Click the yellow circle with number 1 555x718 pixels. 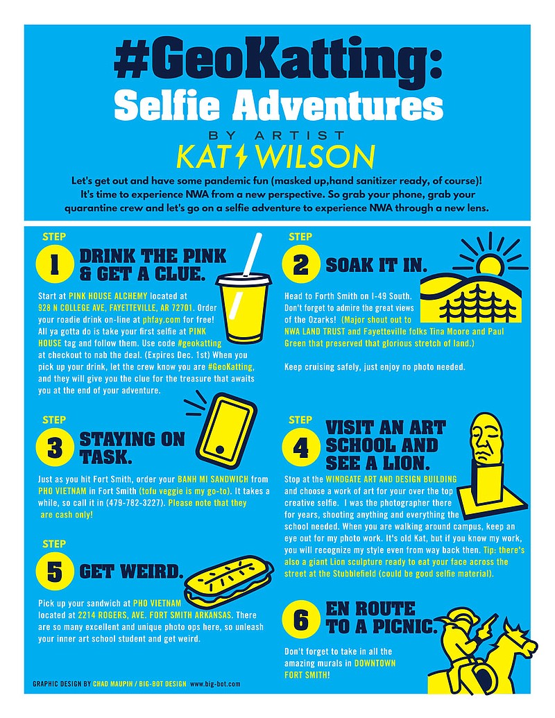(x=55, y=265)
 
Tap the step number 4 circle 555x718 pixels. (x=300, y=447)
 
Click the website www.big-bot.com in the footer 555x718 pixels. (x=215, y=683)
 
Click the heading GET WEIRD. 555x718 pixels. (x=131, y=572)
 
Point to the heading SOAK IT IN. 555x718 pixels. (x=377, y=265)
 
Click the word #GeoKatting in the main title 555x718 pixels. (x=278, y=62)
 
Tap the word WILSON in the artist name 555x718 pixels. (x=315, y=157)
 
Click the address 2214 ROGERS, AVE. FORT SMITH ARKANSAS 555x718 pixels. (x=155, y=615)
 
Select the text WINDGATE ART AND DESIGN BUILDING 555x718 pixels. (x=391, y=479)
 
